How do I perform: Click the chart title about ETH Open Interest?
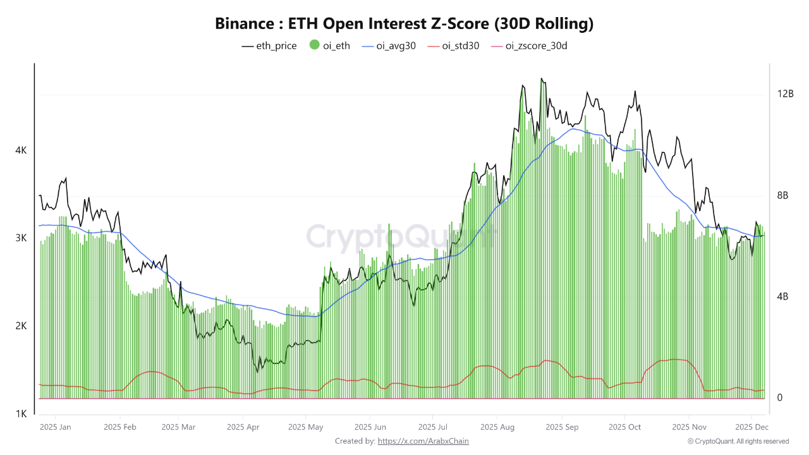pyautogui.click(x=404, y=24)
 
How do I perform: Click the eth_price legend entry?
pyautogui.click(x=269, y=45)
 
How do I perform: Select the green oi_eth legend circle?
pyautogui.click(x=314, y=45)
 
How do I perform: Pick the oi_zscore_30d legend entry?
pyautogui.click(x=529, y=45)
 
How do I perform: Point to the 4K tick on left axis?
pyautogui.click(x=21, y=150)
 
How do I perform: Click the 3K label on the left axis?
pyautogui.click(x=21, y=238)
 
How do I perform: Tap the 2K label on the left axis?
pyautogui.click(x=21, y=326)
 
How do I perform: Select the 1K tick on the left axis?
pyautogui.click(x=21, y=414)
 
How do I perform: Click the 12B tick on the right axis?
pyautogui.click(x=786, y=94)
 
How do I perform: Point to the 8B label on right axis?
pyautogui.click(x=783, y=195)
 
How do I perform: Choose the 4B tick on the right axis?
pyautogui.click(x=783, y=296)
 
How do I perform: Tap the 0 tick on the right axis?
pyautogui.click(x=780, y=397)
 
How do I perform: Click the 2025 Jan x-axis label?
pyautogui.click(x=56, y=427)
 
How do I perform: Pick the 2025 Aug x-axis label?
pyautogui.click(x=497, y=427)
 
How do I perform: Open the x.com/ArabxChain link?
pyautogui.click(x=423, y=441)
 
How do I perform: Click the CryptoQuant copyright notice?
pyautogui.click(x=738, y=441)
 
